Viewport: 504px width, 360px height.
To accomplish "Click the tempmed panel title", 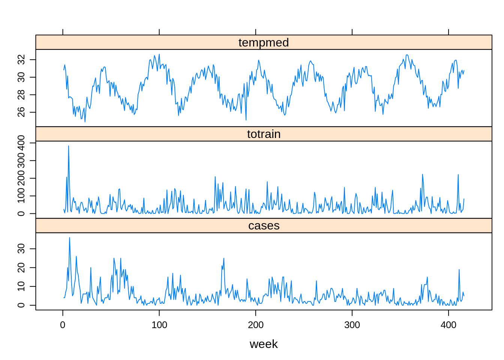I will click(264, 42).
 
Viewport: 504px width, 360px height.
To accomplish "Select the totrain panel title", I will click(264, 134).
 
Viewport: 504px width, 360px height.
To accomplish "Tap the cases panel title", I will click(264, 225).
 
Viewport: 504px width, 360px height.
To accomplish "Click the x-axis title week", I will click(264, 344).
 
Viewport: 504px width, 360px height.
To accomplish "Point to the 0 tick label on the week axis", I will click(63, 325).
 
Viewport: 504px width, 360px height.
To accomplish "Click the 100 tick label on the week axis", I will click(159, 325).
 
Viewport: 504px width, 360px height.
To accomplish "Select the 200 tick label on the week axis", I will click(256, 325).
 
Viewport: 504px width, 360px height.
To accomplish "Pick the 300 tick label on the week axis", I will click(352, 325).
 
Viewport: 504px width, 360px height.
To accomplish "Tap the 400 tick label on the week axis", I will click(448, 325).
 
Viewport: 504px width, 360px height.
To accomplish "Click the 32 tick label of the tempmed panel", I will click(21, 60).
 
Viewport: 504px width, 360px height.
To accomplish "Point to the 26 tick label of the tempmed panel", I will click(21, 112).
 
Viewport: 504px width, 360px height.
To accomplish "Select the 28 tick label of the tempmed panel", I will click(21, 94).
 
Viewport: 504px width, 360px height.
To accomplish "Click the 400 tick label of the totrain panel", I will click(21, 143).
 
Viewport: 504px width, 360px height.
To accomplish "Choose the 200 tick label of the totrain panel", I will click(21, 178).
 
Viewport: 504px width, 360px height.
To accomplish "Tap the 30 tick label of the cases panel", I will click(21, 249).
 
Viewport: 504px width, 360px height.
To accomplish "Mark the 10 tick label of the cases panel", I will click(21, 286).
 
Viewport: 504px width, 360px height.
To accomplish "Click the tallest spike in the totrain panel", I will click(69, 146).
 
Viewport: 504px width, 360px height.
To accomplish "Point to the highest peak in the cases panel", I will click(69, 237).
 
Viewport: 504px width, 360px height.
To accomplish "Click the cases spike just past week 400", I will click(459, 270).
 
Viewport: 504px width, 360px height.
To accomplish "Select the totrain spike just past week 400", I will click(458, 175).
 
